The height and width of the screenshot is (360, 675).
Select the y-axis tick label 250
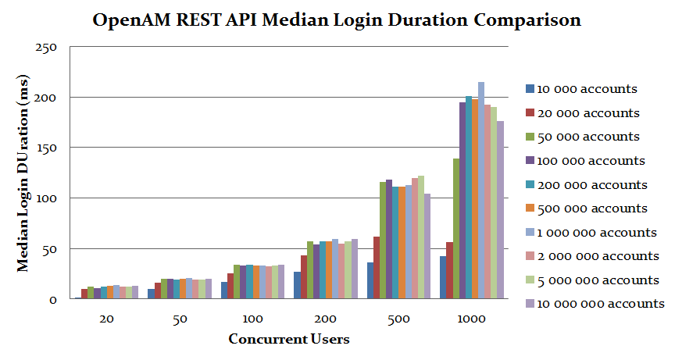47,48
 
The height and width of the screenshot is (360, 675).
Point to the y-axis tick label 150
47,148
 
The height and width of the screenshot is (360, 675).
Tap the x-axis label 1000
472,320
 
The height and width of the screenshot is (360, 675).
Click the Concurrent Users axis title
288,340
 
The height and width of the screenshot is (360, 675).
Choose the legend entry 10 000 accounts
583,89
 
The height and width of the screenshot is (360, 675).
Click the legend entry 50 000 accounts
583,137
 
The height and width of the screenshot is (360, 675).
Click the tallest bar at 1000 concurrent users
481,191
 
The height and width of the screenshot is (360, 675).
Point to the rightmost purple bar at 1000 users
500,210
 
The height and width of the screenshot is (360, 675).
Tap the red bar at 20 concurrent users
84,294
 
